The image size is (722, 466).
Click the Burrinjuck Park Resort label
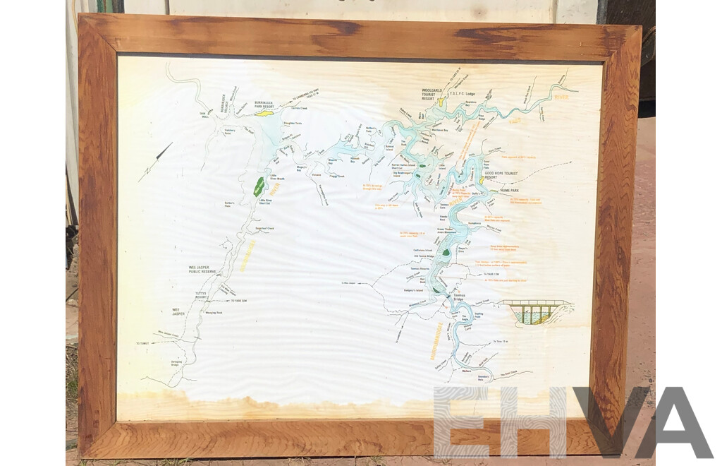[269, 104]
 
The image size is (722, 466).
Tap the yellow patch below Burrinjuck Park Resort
[263, 112]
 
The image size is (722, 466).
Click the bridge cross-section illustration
[537, 311]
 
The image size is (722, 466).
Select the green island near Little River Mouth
[259, 187]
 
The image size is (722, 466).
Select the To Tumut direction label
[144, 343]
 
